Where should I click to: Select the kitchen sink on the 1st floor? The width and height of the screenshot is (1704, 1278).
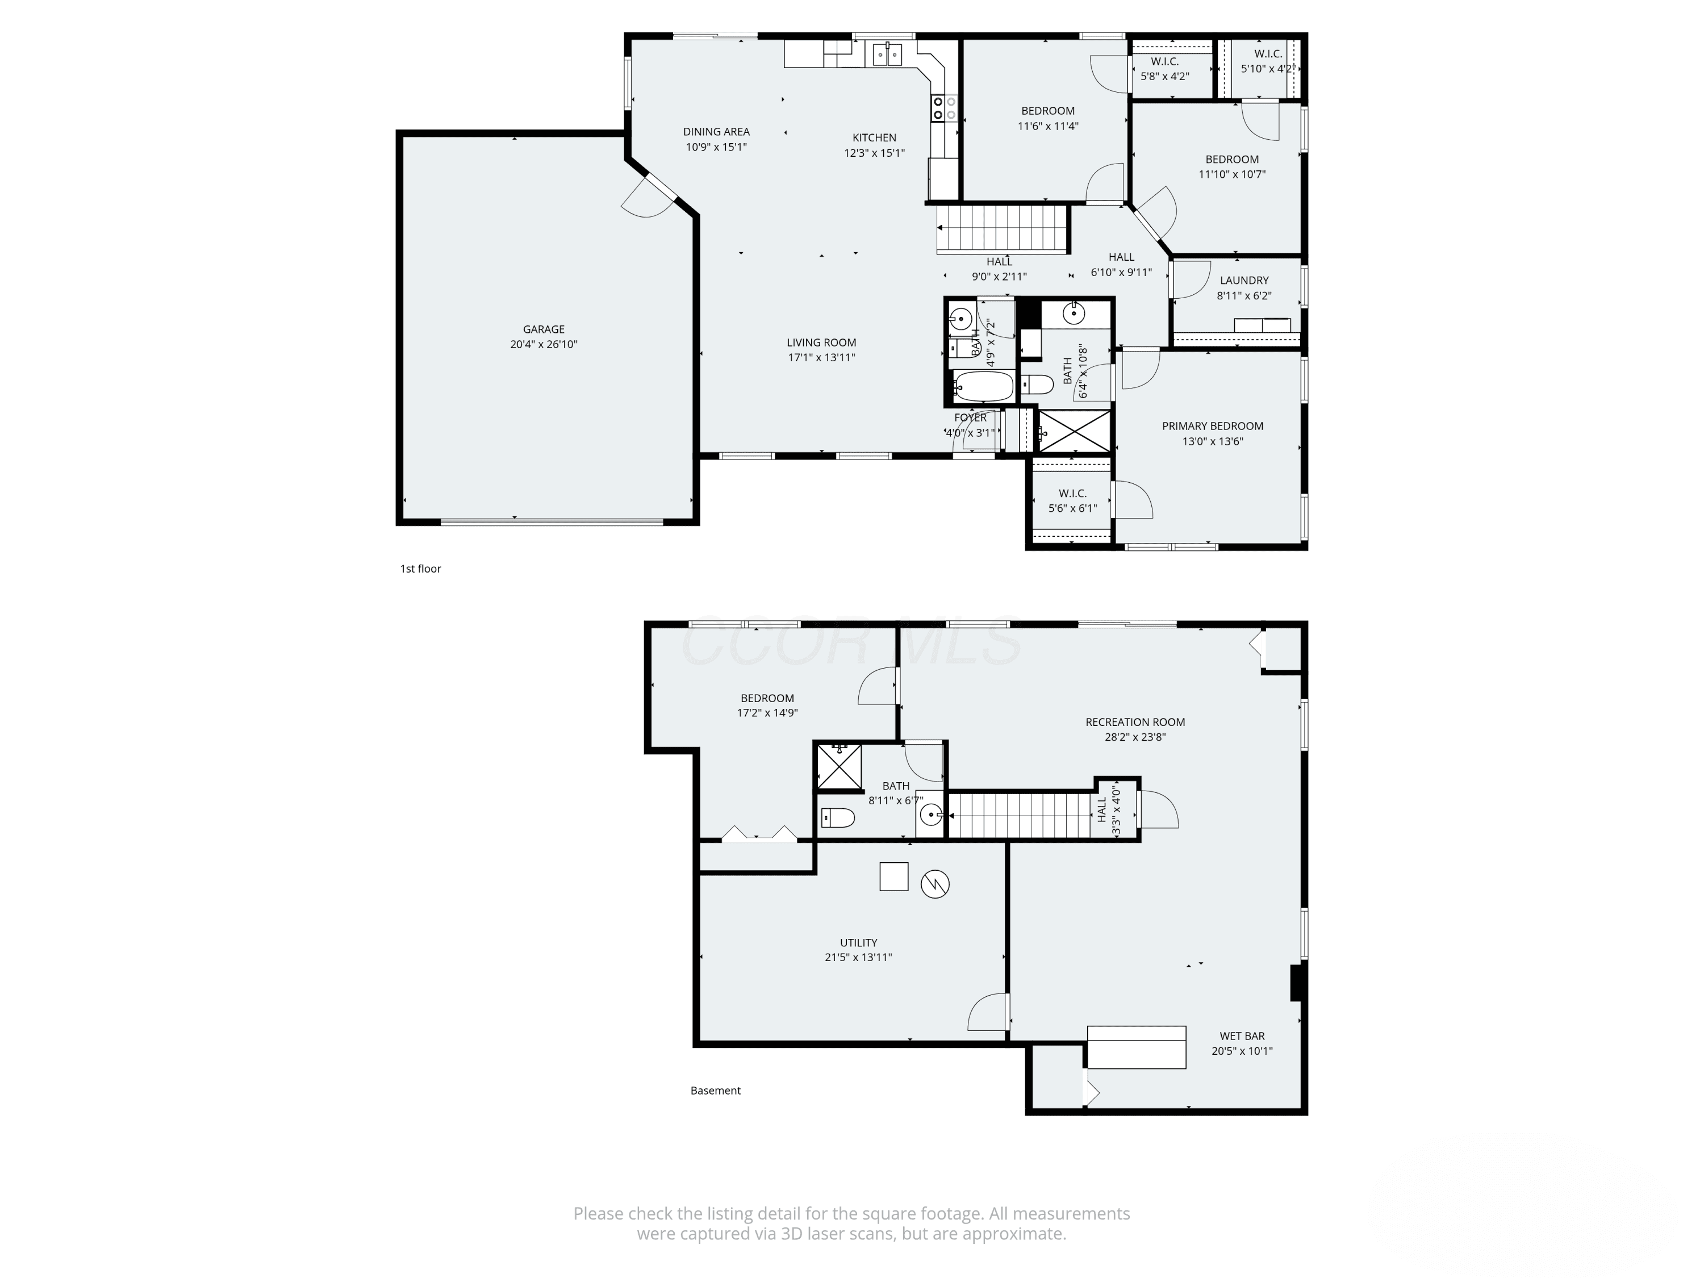(887, 55)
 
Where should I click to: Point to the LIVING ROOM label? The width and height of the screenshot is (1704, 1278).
(821, 343)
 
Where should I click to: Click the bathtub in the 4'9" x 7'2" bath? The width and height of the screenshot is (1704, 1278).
(983, 386)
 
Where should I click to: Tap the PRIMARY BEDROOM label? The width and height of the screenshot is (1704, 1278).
(1213, 426)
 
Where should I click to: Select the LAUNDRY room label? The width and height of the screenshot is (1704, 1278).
(1244, 281)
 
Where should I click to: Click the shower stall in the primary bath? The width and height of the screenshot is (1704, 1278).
(1075, 431)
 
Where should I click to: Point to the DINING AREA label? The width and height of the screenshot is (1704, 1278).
(716, 132)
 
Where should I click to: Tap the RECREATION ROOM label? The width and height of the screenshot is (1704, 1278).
(1135, 722)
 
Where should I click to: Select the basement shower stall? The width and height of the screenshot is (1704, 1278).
(839, 766)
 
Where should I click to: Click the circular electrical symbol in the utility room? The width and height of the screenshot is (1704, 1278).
(935, 884)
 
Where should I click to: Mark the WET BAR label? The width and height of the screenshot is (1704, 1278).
(1242, 1036)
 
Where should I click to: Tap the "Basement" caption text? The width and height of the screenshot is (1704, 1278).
(716, 1090)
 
